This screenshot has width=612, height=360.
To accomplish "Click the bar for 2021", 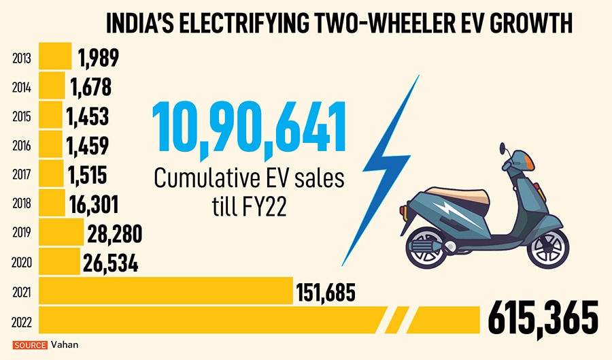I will coord(166,291).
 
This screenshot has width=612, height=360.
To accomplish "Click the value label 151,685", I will coord(326,292).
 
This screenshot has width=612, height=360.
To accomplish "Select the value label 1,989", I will coord(99,58).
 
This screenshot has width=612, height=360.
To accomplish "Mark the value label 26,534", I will coord(110,263).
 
